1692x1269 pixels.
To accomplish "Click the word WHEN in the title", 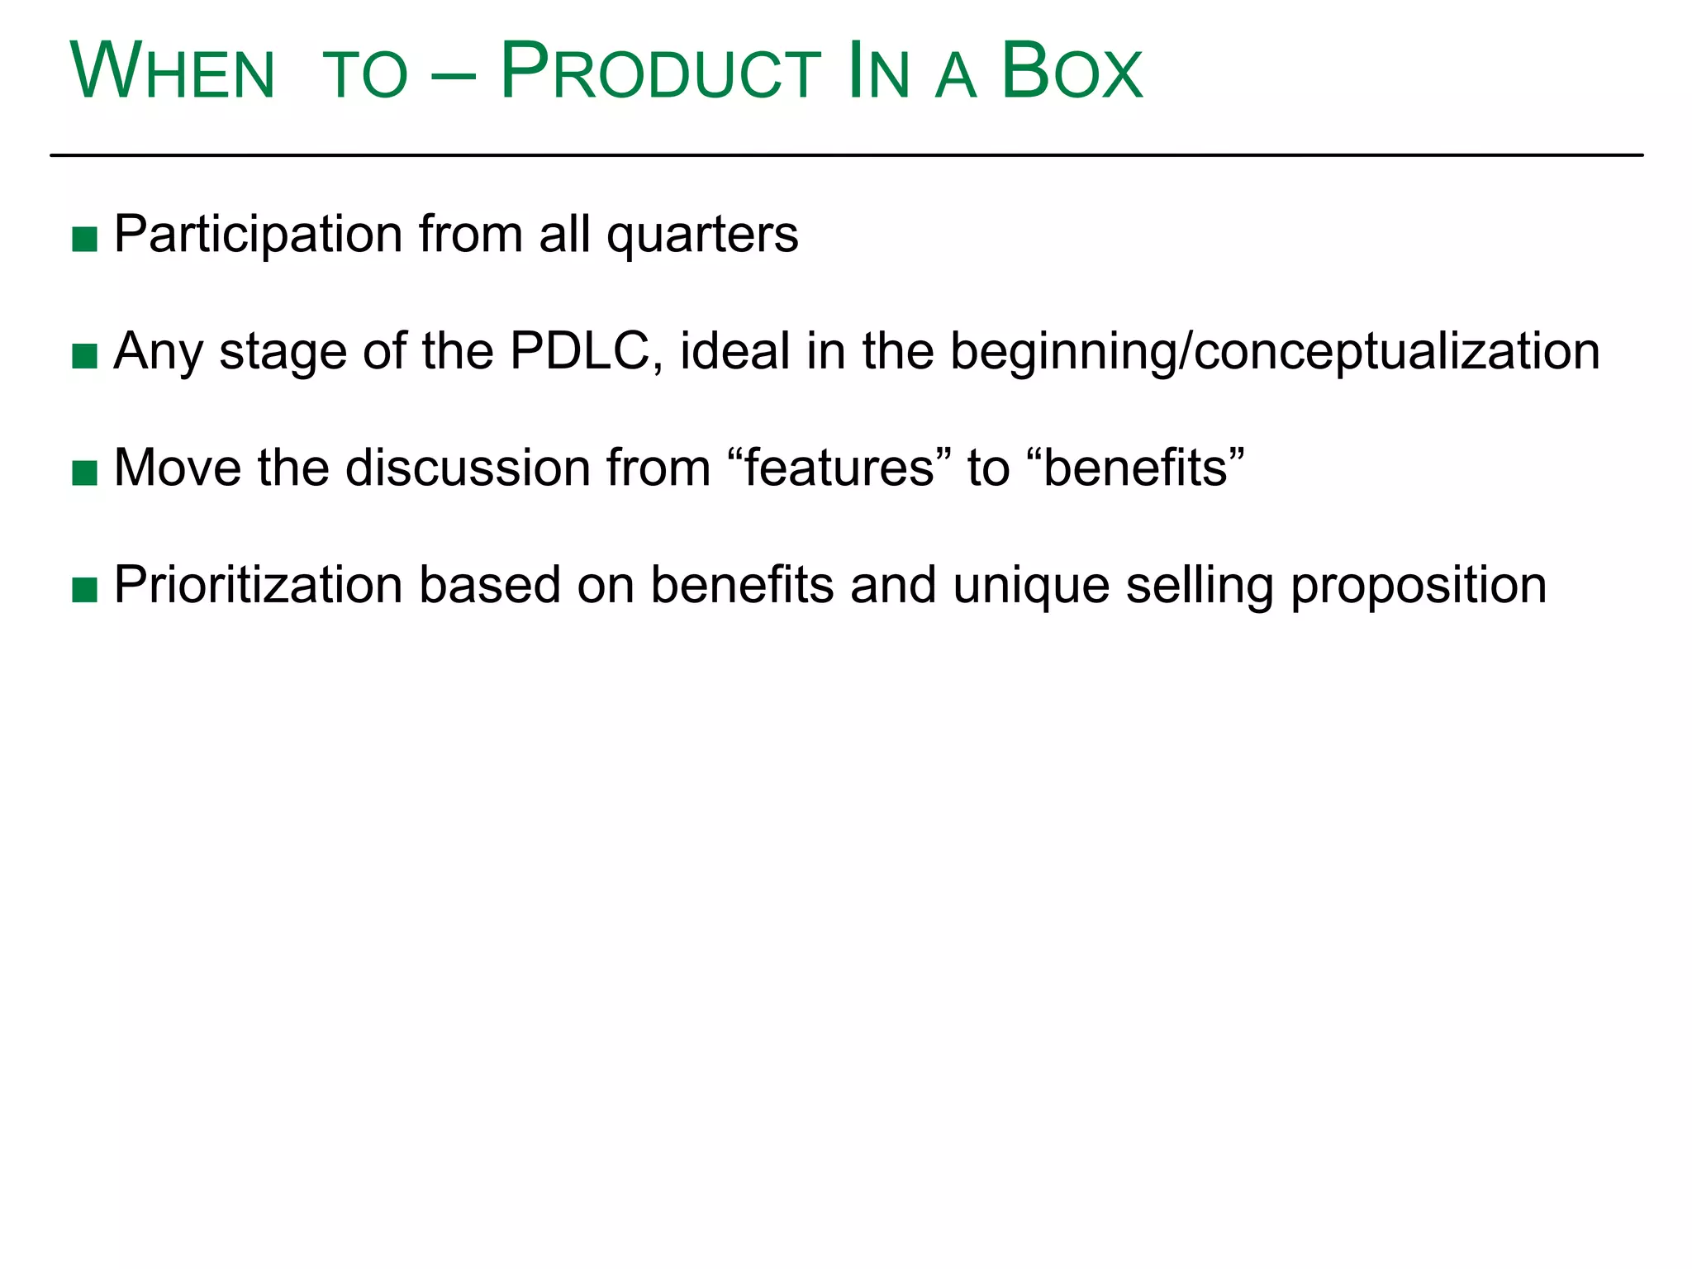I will click(172, 73).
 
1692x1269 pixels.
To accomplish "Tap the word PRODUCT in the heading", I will click(660, 73).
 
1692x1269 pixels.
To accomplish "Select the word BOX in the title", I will click(1072, 73).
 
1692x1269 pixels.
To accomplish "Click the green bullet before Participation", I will click(85, 240).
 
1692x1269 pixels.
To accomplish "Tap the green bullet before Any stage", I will click(85, 357).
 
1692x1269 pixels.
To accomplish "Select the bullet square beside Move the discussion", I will click(85, 473).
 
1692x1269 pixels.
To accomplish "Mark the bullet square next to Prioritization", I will click(85, 590).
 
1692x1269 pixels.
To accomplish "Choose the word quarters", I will click(702, 235).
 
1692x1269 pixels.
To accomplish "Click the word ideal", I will click(735, 351).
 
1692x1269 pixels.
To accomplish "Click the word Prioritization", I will click(258, 585).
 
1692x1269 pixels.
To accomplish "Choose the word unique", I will click(1031, 587).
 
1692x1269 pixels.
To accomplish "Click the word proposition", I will click(1418, 587).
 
